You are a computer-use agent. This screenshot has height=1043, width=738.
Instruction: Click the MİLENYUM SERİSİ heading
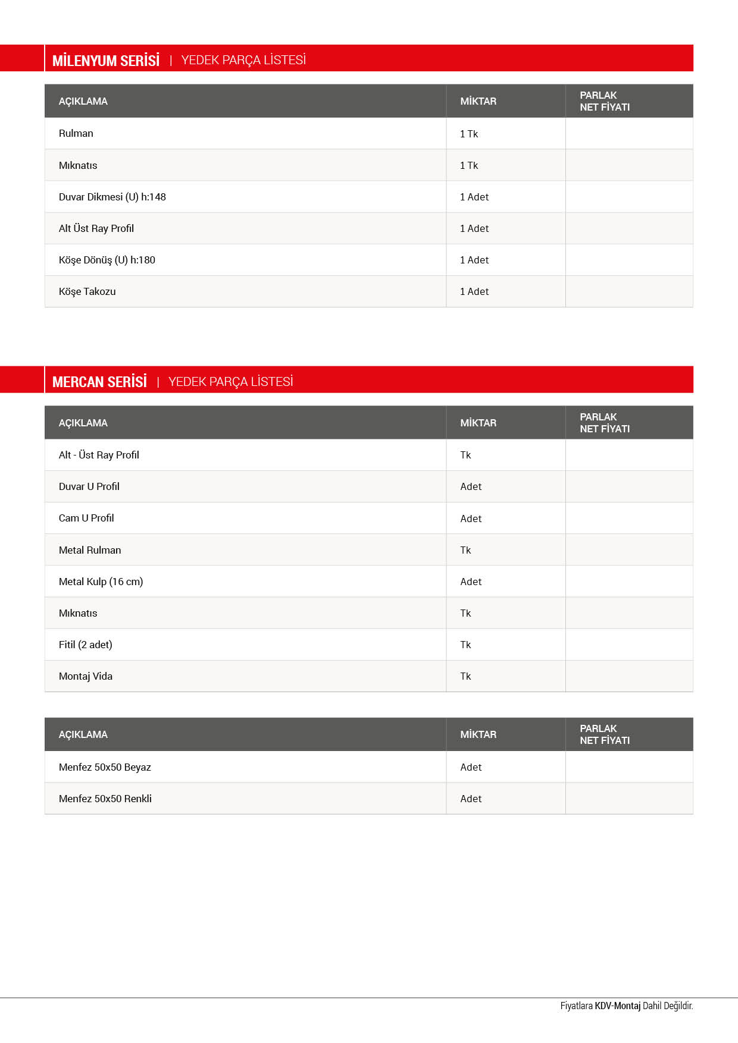point(106,60)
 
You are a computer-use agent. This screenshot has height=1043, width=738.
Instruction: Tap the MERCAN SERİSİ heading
point(99,382)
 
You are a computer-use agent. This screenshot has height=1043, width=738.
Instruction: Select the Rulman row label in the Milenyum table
point(76,133)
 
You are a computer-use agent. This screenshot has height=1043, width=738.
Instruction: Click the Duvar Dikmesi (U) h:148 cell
point(112,197)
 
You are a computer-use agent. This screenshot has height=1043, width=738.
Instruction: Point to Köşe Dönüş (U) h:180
point(107,260)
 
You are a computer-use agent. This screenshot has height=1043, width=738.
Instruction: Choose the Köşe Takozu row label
point(87,291)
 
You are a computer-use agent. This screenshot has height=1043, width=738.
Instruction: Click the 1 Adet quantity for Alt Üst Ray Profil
point(474,228)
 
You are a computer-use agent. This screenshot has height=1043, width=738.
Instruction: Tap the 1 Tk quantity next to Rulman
point(469,134)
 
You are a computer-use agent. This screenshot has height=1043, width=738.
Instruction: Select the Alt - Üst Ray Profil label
point(99,455)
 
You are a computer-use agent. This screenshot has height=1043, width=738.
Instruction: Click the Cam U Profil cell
point(86,518)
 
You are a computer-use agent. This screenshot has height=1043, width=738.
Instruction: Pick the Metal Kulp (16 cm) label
point(101,582)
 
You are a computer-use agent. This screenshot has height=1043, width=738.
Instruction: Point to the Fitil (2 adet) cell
point(86,645)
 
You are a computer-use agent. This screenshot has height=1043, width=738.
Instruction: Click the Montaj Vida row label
point(86,676)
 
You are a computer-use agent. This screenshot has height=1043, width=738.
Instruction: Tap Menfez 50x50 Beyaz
point(105,767)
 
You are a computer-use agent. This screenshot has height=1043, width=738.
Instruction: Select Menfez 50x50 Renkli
point(105,799)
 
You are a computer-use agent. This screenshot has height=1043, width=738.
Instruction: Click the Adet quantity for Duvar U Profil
point(471,486)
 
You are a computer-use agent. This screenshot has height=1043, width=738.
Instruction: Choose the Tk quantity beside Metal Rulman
point(465,550)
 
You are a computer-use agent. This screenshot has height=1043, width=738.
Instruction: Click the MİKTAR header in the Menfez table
point(478,734)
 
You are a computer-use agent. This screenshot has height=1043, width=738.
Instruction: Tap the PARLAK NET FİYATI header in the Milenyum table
point(605,101)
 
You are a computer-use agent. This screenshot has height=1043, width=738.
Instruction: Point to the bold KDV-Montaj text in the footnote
point(618,1006)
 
